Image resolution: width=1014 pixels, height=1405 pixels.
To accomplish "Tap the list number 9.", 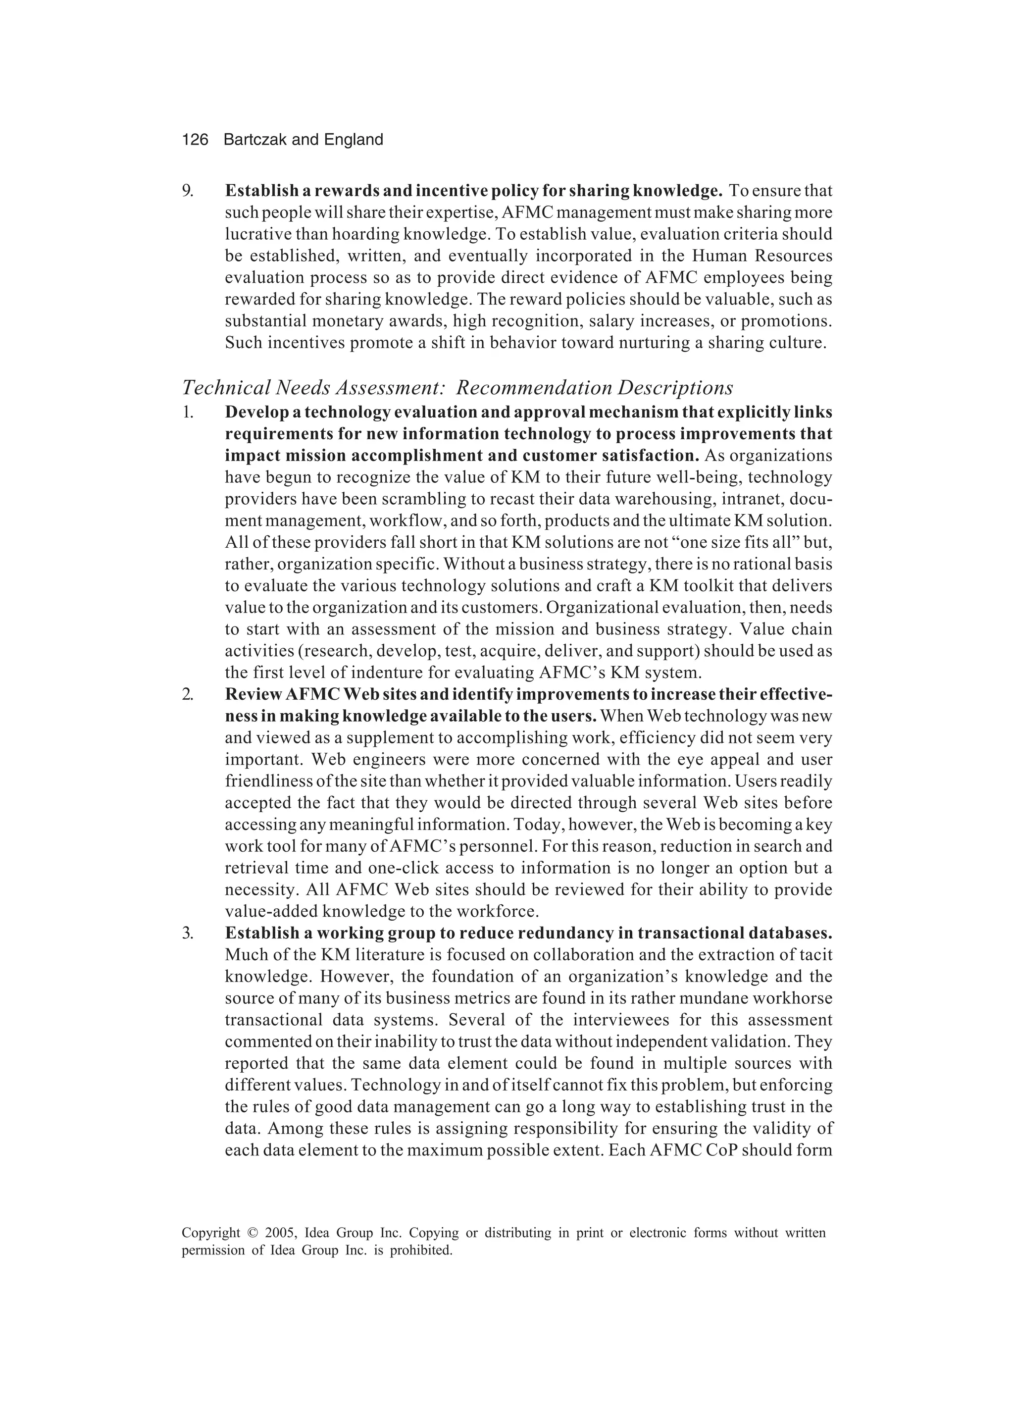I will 188,191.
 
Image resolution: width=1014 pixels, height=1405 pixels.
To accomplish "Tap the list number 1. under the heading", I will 188,413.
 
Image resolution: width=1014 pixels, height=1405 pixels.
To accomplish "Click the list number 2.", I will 188,694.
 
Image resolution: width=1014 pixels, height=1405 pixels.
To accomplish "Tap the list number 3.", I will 188,933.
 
